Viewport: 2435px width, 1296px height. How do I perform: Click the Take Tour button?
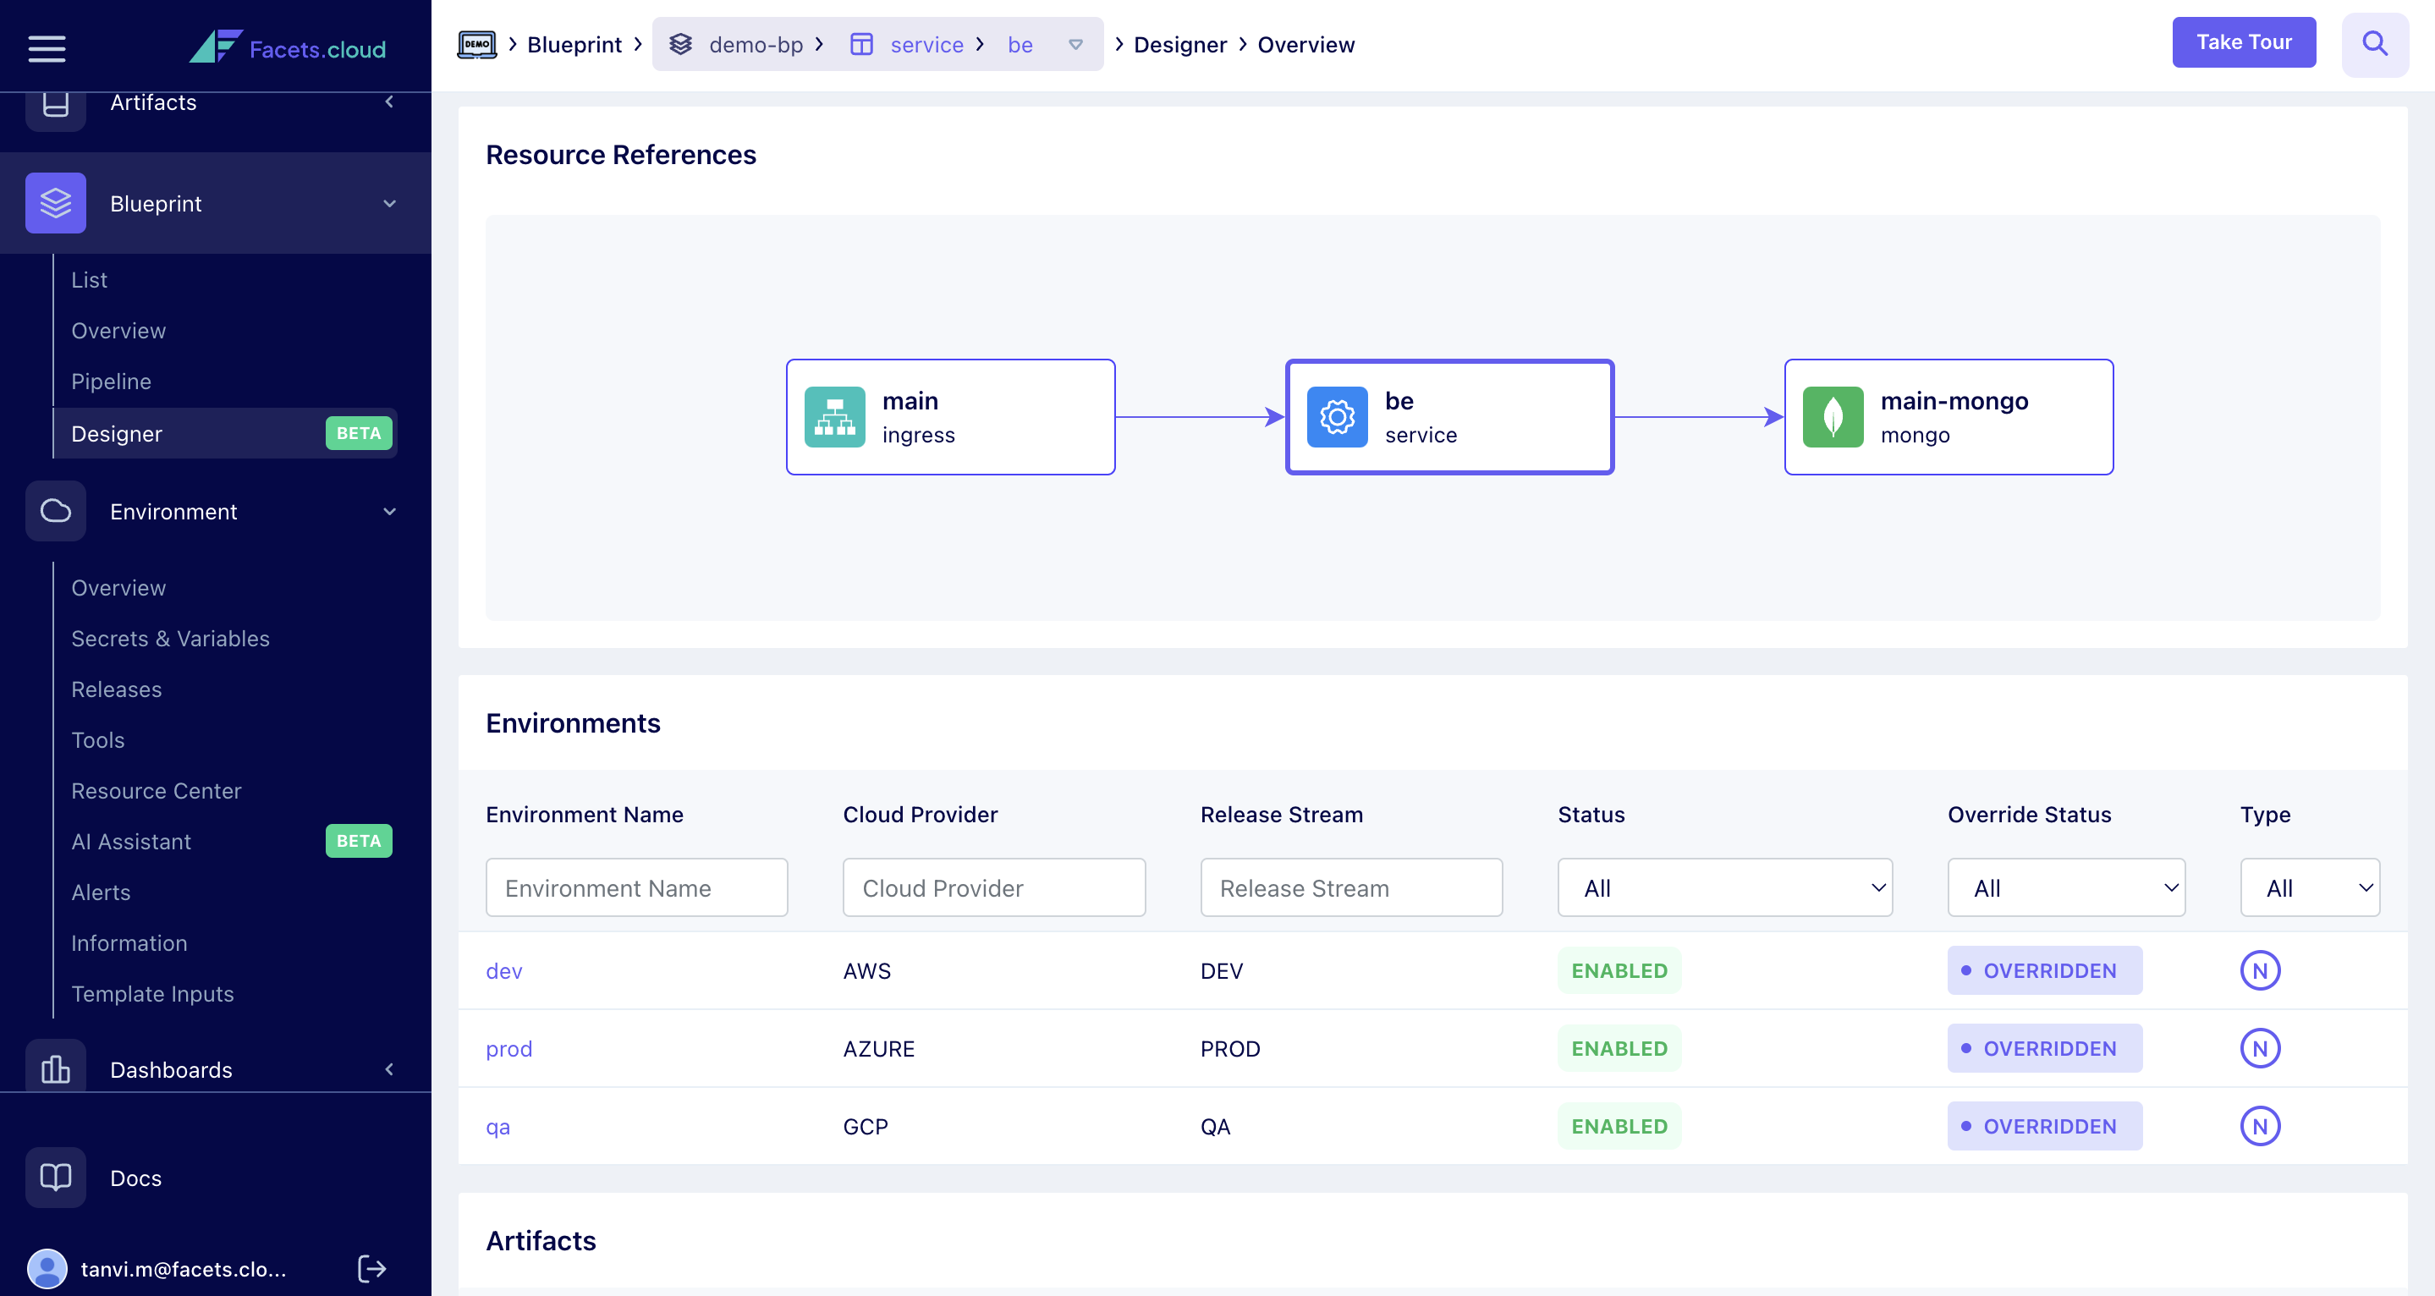click(2243, 42)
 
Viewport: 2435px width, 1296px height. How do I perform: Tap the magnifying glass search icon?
click(2373, 43)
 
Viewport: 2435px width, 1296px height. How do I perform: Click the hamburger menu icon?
click(47, 48)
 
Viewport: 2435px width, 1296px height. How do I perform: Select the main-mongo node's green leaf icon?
click(1832, 417)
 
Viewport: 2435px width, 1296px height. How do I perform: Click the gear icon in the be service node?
click(1337, 417)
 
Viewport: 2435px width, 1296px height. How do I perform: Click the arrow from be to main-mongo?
click(1698, 417)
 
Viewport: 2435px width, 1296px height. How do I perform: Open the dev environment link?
click(503, 971)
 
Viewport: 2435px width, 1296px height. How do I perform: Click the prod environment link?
click(508, 1048)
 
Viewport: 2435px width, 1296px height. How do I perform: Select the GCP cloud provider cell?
click(865, 1127)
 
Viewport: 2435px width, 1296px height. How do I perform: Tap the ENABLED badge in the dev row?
click(1619, 971)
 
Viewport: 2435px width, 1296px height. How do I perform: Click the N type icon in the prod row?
click(2259, 1048)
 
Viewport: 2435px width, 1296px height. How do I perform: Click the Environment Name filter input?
click(636, 887)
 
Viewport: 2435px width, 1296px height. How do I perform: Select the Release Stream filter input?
click(1351, 887)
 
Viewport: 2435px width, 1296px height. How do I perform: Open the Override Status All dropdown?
click(2065, 887)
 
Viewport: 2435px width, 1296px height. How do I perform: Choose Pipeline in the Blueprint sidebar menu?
click(112, 382)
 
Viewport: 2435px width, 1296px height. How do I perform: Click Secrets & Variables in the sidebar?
click(170, 639)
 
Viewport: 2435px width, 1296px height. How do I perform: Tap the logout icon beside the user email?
click(372, 1269)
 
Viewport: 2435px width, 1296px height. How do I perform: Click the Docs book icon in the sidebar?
click(56, 1178)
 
